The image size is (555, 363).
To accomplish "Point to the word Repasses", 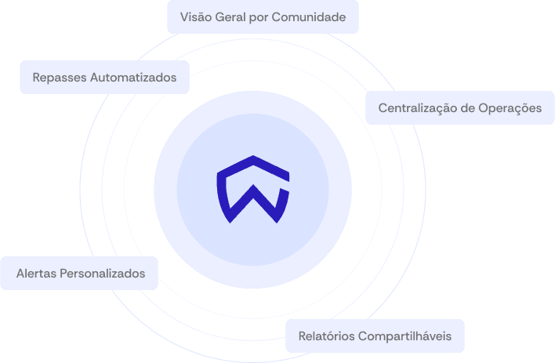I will coord(60,78).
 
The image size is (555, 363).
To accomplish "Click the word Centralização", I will coord(419,108).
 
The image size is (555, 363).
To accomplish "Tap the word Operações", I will coord(510,108).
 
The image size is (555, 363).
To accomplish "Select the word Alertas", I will coord(37,274).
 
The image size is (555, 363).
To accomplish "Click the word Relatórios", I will coord(326,336).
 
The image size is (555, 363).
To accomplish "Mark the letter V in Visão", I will coord(183,16).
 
